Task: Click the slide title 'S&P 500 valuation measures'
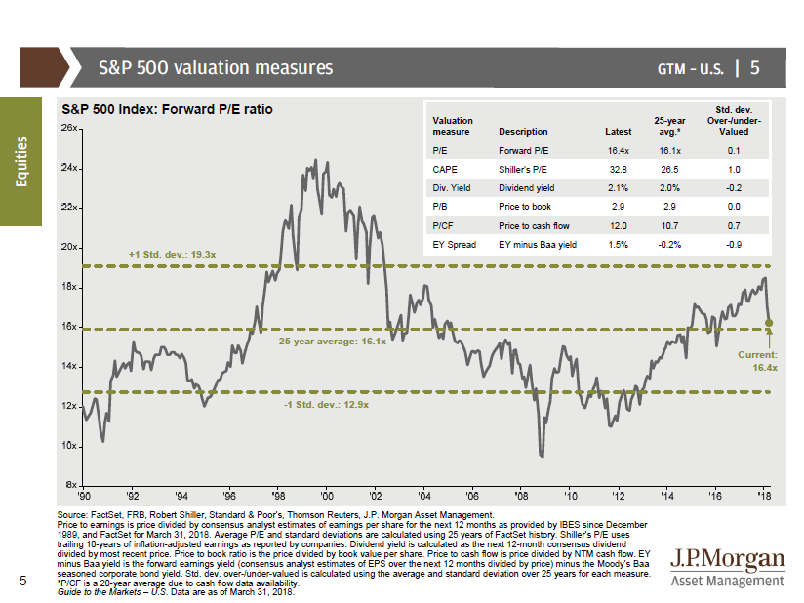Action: point(216,68)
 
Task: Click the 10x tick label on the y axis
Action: point(68,446)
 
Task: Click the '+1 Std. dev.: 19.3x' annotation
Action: point(172,254)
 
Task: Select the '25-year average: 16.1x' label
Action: point(332,342)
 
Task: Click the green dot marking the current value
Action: point(769,322)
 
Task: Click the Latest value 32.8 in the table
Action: point(618,169)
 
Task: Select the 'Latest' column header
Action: point(618,131)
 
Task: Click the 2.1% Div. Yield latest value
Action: point(618,187)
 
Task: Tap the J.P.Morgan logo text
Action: point(728,559)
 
